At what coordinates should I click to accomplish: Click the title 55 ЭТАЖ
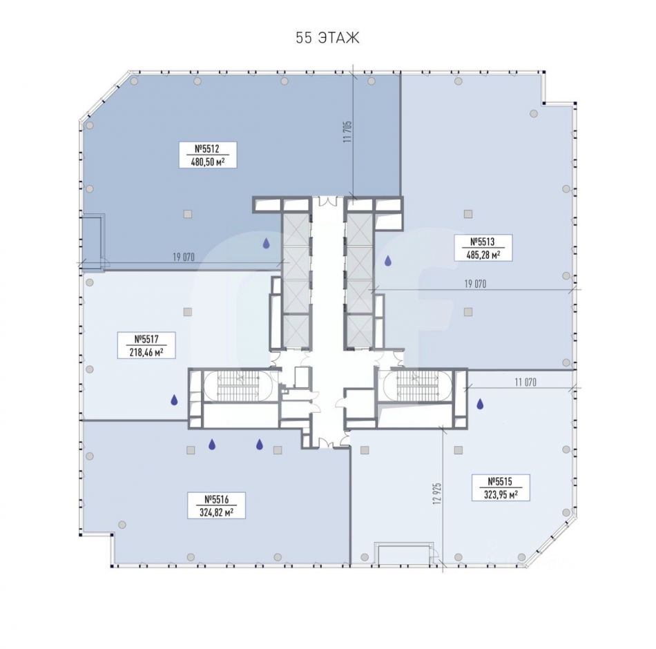point(327,38)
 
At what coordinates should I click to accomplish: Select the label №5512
point(207,149)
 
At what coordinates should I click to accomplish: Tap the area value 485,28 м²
point(483,254)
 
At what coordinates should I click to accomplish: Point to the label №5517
point(146,339)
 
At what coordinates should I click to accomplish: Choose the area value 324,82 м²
point(216,512)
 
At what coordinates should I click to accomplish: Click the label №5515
point(501,482)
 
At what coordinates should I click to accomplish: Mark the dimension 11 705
point(347,132)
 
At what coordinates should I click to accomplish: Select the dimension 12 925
point(438,494)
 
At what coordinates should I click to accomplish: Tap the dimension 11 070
point(525,382)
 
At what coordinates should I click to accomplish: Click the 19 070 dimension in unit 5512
point(184,257)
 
